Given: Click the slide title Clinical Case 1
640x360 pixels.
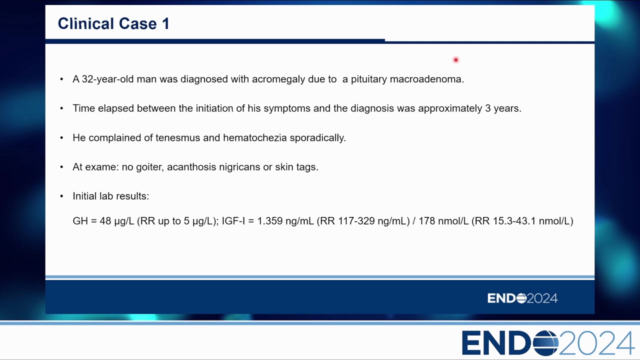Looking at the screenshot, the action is tap(113, 23).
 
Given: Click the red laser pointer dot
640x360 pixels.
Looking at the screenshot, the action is tap(455, 59).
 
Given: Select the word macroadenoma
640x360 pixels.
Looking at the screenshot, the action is tap(427, 79).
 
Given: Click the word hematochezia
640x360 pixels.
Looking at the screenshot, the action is tap(255, 137).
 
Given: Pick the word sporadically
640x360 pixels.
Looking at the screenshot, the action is tap(317, 138).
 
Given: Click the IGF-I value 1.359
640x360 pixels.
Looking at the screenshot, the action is tap(269, 221).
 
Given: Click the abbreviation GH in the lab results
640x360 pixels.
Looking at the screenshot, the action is tap(80, 221).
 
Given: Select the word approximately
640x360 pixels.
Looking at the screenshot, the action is tap(450, 108).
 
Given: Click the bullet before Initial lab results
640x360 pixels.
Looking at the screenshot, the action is tap(61, 196).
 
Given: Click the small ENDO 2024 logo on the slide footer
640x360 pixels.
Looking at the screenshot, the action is tap(522, 298).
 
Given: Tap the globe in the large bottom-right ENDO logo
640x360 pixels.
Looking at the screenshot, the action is tap(545, 343).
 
